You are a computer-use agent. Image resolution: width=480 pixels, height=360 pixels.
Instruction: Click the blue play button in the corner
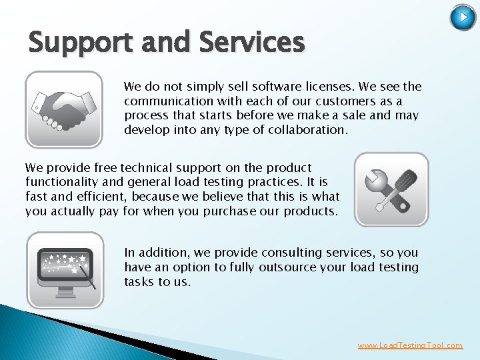(x=463, y=17)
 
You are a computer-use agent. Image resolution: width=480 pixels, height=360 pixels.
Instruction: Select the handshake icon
(x=64, y=109)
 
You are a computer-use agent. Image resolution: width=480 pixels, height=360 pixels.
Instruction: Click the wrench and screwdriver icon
(x=391, y=190)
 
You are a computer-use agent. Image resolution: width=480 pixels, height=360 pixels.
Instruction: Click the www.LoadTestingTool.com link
(x=410, y=345)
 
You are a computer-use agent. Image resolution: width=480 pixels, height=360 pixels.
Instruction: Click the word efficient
(x=103, y=197)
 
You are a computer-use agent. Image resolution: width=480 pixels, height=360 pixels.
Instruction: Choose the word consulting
(x=295, y=253)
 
